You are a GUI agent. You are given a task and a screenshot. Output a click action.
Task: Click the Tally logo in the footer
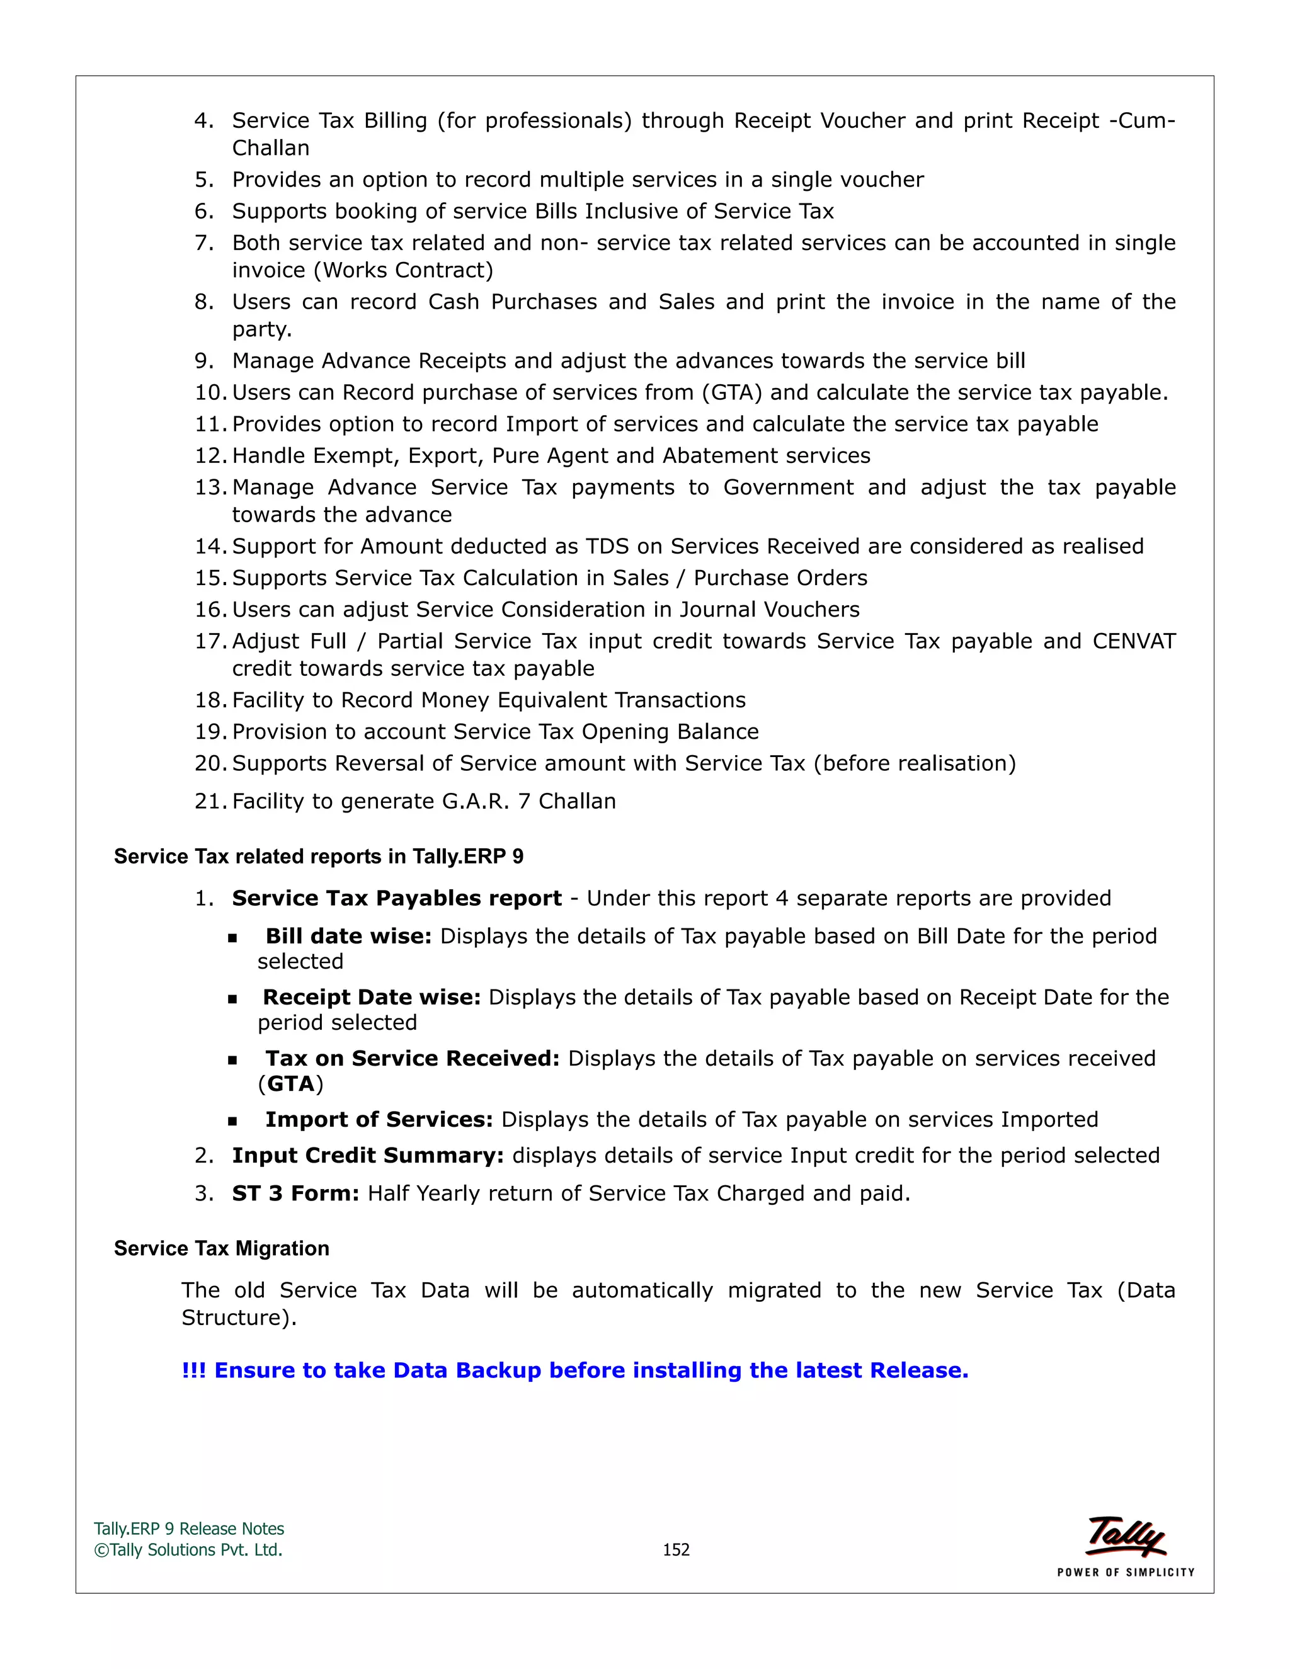(1126, 1537)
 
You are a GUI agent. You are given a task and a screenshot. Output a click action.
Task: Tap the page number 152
(676, 1550)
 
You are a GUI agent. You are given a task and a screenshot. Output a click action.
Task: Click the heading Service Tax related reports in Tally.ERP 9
(319, 856)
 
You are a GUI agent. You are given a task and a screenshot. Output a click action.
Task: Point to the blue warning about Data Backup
(574, 1370)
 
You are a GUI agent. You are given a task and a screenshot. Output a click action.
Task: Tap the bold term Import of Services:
(379, 1120)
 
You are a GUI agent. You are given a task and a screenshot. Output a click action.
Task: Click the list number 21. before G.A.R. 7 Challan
(210, 801)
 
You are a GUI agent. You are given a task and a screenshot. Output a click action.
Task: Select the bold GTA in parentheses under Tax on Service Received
(290, 1084)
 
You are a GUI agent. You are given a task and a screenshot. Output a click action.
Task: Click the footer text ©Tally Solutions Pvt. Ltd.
(188, 1550)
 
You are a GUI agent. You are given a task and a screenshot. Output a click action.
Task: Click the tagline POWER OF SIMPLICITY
(1125, 1572)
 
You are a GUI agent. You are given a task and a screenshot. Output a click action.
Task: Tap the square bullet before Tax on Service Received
(232, 1060)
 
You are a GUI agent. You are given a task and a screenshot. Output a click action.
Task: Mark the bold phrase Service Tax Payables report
(397, 898)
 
